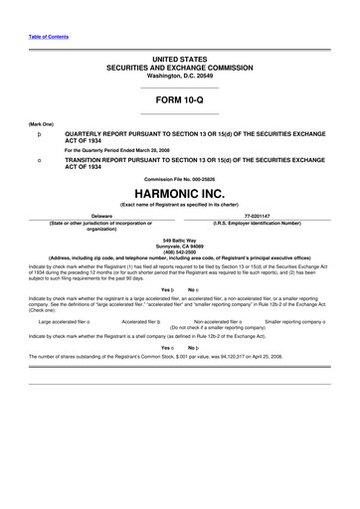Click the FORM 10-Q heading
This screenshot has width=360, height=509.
[x=179, y=101]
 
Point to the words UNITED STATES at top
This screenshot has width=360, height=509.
[x=179, y=60]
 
